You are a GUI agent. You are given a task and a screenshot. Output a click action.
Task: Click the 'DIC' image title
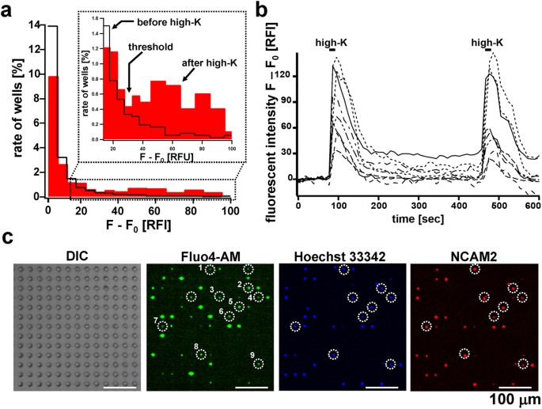coord(76,256)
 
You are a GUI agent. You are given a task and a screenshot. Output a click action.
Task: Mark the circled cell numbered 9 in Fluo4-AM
coord(258,364)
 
